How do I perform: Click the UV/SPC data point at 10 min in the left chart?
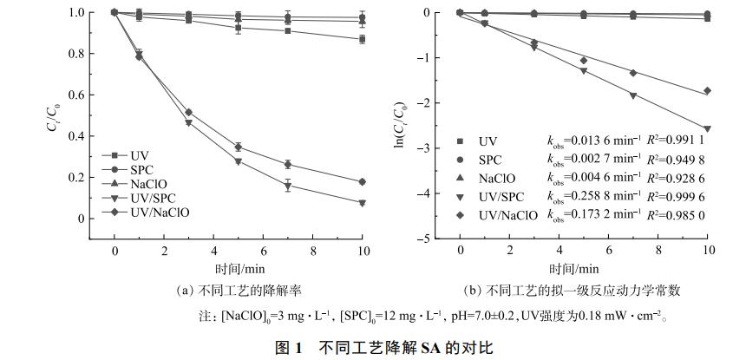point(362,203)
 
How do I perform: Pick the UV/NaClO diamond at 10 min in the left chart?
point(362,181)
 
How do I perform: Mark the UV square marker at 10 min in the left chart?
point(362,39)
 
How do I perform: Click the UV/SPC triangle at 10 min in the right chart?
point(708,129)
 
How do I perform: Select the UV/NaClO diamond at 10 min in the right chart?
point(708,90)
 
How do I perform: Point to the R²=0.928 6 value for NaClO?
point(677,179)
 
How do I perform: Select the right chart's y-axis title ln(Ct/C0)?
point(400,125)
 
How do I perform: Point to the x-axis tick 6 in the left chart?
point(263,251)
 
